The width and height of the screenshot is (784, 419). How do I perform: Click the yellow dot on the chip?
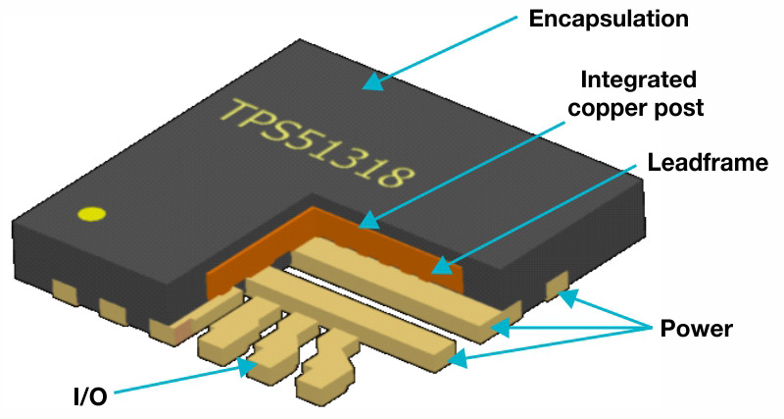coord(92,214)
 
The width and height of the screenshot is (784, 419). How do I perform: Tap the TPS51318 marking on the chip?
coord(314,144)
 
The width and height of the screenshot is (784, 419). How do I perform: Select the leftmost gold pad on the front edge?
coord(66,290)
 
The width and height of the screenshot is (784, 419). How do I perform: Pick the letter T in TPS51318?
coord(234,112)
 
